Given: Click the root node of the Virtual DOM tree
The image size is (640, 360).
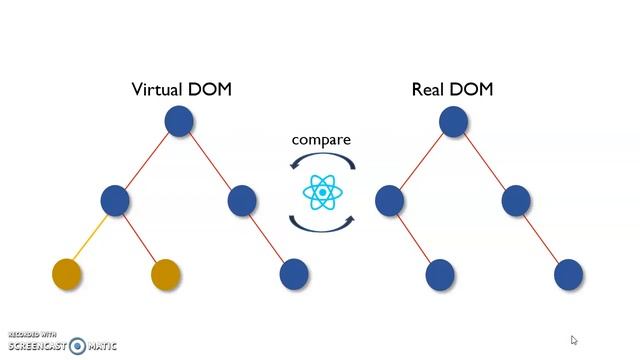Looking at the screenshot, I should [179, 122].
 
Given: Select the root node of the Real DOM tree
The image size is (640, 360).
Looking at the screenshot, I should [453, 122].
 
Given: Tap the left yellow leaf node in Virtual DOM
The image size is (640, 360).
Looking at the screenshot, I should [66, 273].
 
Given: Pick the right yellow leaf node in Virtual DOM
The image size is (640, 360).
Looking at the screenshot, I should [165, 273].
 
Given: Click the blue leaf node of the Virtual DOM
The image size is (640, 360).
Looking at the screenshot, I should [294, 273].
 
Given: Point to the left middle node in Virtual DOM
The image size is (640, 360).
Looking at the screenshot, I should [115, 201].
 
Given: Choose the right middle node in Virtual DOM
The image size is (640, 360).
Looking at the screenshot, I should [243, 201].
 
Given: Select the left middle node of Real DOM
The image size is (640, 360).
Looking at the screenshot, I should [389, 201].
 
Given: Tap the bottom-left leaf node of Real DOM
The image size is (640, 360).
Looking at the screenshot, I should [440, 273].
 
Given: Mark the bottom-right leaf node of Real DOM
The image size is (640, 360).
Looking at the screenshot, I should [568, 273].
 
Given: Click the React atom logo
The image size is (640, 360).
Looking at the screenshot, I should [321, 191].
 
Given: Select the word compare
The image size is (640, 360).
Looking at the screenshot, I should [321, 139].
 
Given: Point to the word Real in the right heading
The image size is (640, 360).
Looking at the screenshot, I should [429, 89].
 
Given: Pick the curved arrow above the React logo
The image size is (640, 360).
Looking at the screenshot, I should [321, 160].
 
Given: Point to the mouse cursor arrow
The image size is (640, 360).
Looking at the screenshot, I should [574, 341].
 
